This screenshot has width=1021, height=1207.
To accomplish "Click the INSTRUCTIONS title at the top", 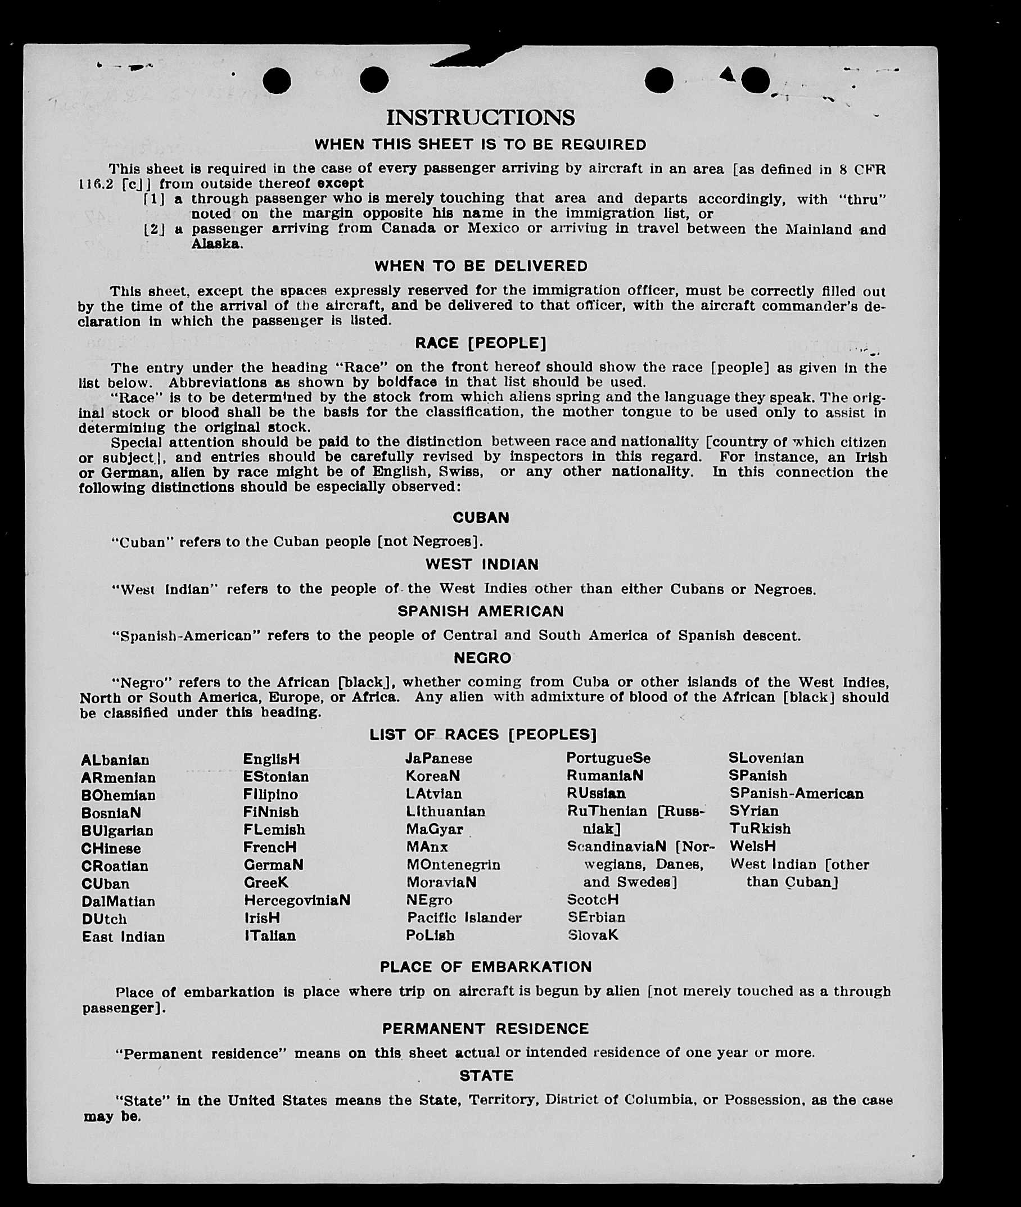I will (x=480, y=117).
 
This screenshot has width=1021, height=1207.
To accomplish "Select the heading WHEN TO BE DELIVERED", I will (x=481, y=266).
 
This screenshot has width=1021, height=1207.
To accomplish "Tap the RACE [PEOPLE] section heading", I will (x=480, y=343).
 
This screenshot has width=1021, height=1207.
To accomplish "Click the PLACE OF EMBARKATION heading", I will (x=486, y=967).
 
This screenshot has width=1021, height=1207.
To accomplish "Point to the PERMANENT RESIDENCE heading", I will (x=485, y=1028).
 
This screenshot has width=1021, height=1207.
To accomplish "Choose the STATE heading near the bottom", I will (x=486, y=1075).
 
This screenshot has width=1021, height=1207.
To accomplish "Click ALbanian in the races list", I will (x=115, y=760).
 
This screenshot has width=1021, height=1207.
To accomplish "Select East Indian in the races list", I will (x=123, y=936).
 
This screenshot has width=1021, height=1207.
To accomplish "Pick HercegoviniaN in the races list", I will (x=297, y=901).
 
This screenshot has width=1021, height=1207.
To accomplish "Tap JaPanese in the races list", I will (x=438, y=758).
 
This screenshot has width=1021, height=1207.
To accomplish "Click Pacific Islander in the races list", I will (x=464, y=917).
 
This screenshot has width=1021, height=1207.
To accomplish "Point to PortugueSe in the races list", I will (x=608, y=758).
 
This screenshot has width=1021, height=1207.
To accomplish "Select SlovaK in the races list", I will (x=593, y=934).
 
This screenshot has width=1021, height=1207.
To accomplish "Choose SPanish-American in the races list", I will (x=796, y=793).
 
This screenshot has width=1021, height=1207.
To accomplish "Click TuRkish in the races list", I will (x=760, y=829).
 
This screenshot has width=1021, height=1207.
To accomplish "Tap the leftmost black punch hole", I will (x=277, y=80).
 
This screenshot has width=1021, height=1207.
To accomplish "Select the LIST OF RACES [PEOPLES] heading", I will (x=483, y=734).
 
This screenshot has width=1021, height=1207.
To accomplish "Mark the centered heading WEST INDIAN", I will (x=482, y=564).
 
